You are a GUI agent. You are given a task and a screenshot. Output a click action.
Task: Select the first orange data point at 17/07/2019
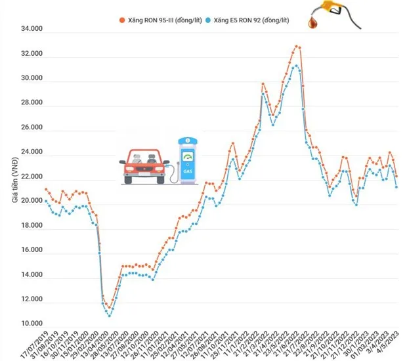[46, 189]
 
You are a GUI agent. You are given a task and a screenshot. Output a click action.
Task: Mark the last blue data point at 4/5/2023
[396, 187]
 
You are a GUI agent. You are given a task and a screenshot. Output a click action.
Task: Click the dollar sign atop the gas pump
[188, 140]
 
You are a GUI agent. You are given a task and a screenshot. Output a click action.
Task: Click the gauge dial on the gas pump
[188, 158]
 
